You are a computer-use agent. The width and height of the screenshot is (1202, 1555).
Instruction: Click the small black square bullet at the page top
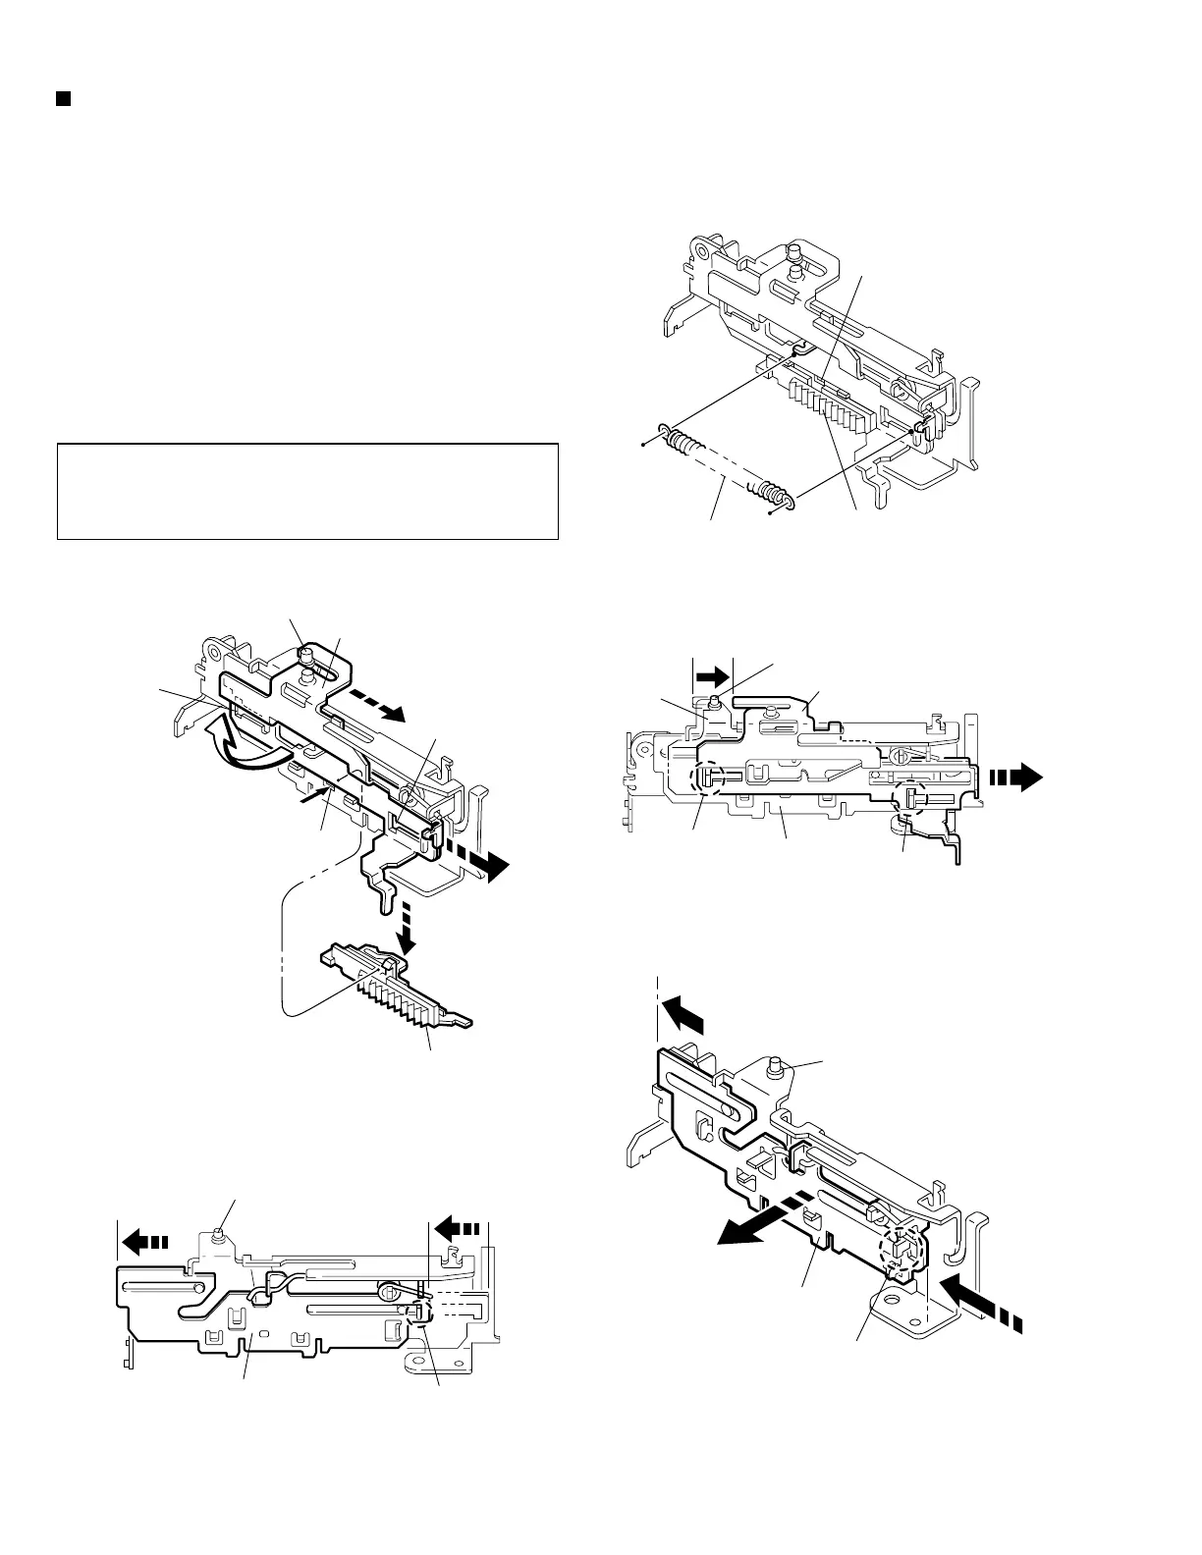[63, 99]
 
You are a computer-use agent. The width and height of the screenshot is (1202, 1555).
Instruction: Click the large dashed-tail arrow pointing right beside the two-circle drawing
[1017, 778]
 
